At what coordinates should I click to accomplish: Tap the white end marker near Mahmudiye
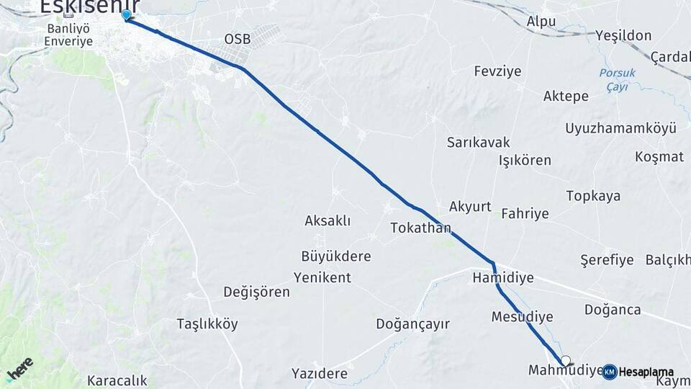pos(566,361)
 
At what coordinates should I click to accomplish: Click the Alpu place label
pos(541,22)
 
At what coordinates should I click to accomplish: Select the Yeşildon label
pos(623,35)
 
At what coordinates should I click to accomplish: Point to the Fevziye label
pos(497,71)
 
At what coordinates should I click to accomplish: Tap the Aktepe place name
pos(566,96)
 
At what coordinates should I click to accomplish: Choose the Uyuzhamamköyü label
pos(620,128)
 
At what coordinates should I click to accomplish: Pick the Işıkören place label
pos(525,160)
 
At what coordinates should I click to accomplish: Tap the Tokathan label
pos(420,228)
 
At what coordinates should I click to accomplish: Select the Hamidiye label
pos(502,277)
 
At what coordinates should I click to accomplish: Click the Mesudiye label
pos(522,317)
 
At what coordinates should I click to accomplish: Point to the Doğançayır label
pos(412,324)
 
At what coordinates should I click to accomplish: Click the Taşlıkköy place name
pos(207,324)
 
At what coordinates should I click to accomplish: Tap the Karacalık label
pos(117,380)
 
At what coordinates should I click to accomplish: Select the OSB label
pos(238,39)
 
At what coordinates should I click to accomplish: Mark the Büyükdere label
pos(335,256)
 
